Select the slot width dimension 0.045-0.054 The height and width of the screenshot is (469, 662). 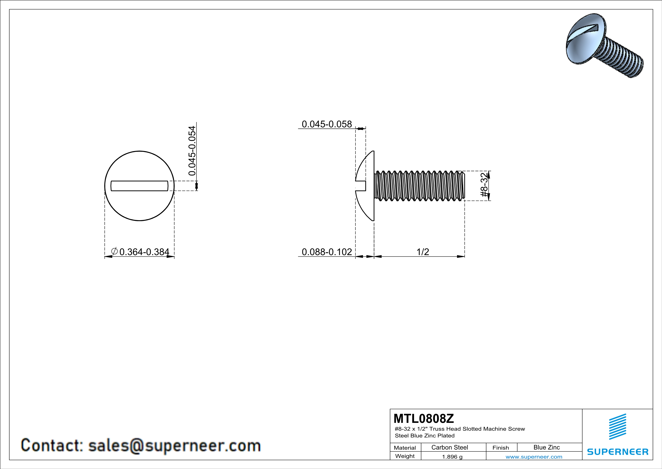tap(192, 151)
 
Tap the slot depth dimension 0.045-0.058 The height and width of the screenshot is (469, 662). tap(327, 124)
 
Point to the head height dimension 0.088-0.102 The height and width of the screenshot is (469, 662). tap(327, 252)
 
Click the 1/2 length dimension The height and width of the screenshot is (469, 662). tap(423, 252)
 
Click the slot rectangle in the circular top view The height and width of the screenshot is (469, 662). tap(139, 186)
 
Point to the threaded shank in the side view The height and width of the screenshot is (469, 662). tap(419, 186)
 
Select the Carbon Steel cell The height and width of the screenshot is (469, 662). tap(449, 447)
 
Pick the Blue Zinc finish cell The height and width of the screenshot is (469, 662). tap(546, 447)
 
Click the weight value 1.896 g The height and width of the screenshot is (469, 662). tap(452, 457)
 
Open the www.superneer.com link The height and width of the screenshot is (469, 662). tap(534, 457)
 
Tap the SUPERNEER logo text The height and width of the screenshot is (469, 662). tap(618, 452)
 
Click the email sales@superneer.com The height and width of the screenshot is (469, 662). tap(174, 445)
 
